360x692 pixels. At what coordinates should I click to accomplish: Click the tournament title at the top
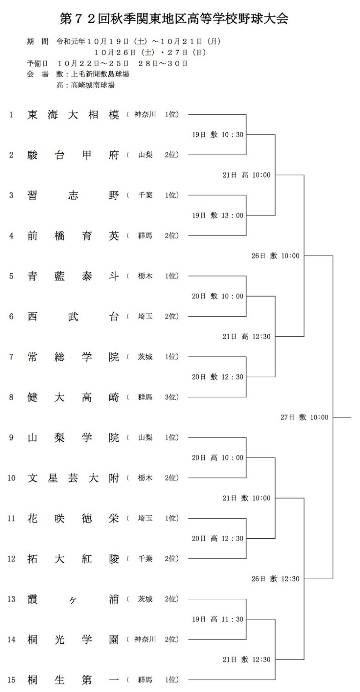click(174, 19)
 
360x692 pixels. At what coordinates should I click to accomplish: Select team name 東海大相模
click(73, 115)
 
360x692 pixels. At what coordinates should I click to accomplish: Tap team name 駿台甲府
click(73, 155)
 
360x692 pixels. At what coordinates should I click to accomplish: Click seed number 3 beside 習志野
click(11, 195)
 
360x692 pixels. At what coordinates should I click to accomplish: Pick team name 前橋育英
click(73, 236)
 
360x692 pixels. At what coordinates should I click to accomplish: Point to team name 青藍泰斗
click(73, 276)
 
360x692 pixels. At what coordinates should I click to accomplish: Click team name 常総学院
click(73, 357)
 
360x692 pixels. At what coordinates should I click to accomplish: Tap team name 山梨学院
click(73, 438)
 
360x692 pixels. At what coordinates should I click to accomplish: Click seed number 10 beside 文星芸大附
click(11, 478)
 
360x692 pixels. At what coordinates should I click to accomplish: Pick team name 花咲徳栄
click(73, 518)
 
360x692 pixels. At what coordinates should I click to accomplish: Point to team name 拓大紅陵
click(73, 558)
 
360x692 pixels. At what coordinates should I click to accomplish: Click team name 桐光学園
click(73, 639)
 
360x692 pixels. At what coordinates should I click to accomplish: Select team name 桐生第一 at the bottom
click(73, 680)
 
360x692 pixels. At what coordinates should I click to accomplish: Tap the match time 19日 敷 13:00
click(218, 216)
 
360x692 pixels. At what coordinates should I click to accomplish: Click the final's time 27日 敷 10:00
click(304, 417)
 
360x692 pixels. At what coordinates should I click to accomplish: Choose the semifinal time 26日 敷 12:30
click(275, 579)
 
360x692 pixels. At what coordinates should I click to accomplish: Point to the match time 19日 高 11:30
click(218, 619)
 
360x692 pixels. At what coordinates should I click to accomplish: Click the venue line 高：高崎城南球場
click(85, 85)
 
